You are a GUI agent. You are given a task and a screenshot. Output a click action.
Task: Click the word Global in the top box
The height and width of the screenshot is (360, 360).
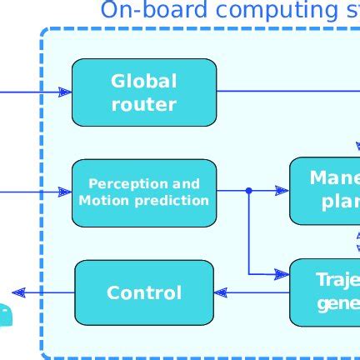coord(143,82)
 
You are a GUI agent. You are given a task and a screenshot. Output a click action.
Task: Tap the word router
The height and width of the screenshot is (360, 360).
coord(143,104)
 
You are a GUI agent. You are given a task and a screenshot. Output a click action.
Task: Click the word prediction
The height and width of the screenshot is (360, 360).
coord(167,201)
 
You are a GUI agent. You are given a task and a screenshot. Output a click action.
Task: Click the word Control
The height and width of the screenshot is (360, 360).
coord(143,293)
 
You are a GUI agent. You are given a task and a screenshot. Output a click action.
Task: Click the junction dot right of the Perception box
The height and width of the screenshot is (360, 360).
coord(248,191)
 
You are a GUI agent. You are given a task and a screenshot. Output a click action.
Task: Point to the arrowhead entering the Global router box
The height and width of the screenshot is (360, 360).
coord(65,92)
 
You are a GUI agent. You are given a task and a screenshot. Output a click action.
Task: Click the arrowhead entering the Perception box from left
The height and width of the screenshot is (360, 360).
coord(65,192)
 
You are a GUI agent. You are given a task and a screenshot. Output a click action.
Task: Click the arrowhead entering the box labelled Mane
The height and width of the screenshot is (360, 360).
coord(282,191)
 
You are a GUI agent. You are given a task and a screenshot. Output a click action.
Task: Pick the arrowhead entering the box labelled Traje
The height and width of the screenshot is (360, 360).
coord(282,273)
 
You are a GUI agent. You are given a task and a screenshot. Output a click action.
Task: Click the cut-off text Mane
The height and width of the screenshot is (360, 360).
coord(334,177)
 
